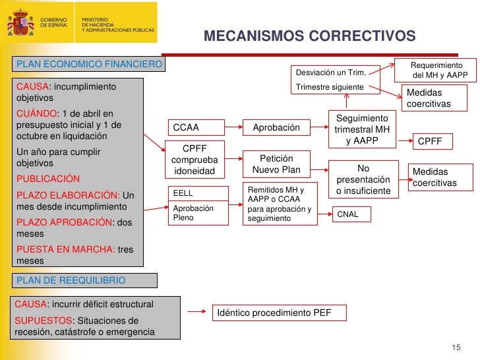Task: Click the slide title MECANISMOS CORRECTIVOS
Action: click(309, 36)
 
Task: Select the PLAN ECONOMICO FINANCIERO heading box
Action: click(88, 64)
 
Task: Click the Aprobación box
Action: click(276, 127)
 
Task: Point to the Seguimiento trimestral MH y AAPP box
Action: click(362, 129)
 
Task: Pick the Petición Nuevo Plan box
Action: click(276, 164)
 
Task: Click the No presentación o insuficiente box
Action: click(363, 179)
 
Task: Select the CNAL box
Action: click(353, 214)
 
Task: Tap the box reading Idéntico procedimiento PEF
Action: click(280, 312)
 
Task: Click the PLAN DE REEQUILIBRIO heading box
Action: click(84, 280)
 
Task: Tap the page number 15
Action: click(456, 347)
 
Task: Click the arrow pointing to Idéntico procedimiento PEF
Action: click(196, 312)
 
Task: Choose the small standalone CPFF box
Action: click(431, 140)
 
